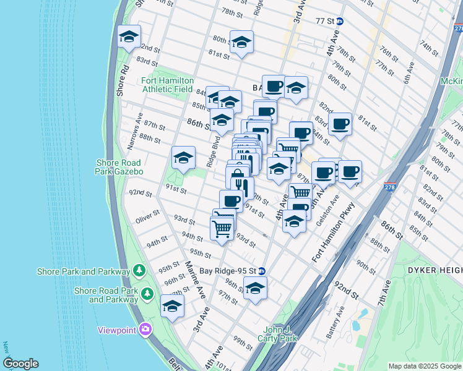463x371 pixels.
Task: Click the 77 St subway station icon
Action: point(340,20)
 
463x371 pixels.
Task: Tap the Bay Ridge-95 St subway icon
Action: point(262,271)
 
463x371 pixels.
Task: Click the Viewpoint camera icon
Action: point(145,330)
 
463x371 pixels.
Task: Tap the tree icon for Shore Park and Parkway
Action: point(140,271)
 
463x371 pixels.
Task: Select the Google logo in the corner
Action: point(20,364)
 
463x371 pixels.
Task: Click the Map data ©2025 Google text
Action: point(424,366)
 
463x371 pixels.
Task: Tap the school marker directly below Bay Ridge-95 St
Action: point(254,288)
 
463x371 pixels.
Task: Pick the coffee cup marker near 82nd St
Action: point(340,124)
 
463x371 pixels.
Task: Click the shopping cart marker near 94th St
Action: point(222,228)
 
